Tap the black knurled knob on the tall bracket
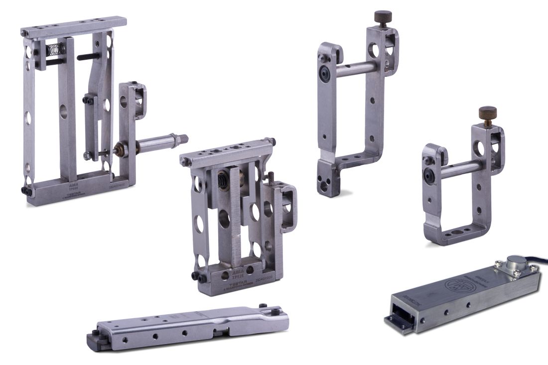pyautogui.click(x=383, y=16)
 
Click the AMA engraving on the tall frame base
pyautogui.click(x=74, y=184)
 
